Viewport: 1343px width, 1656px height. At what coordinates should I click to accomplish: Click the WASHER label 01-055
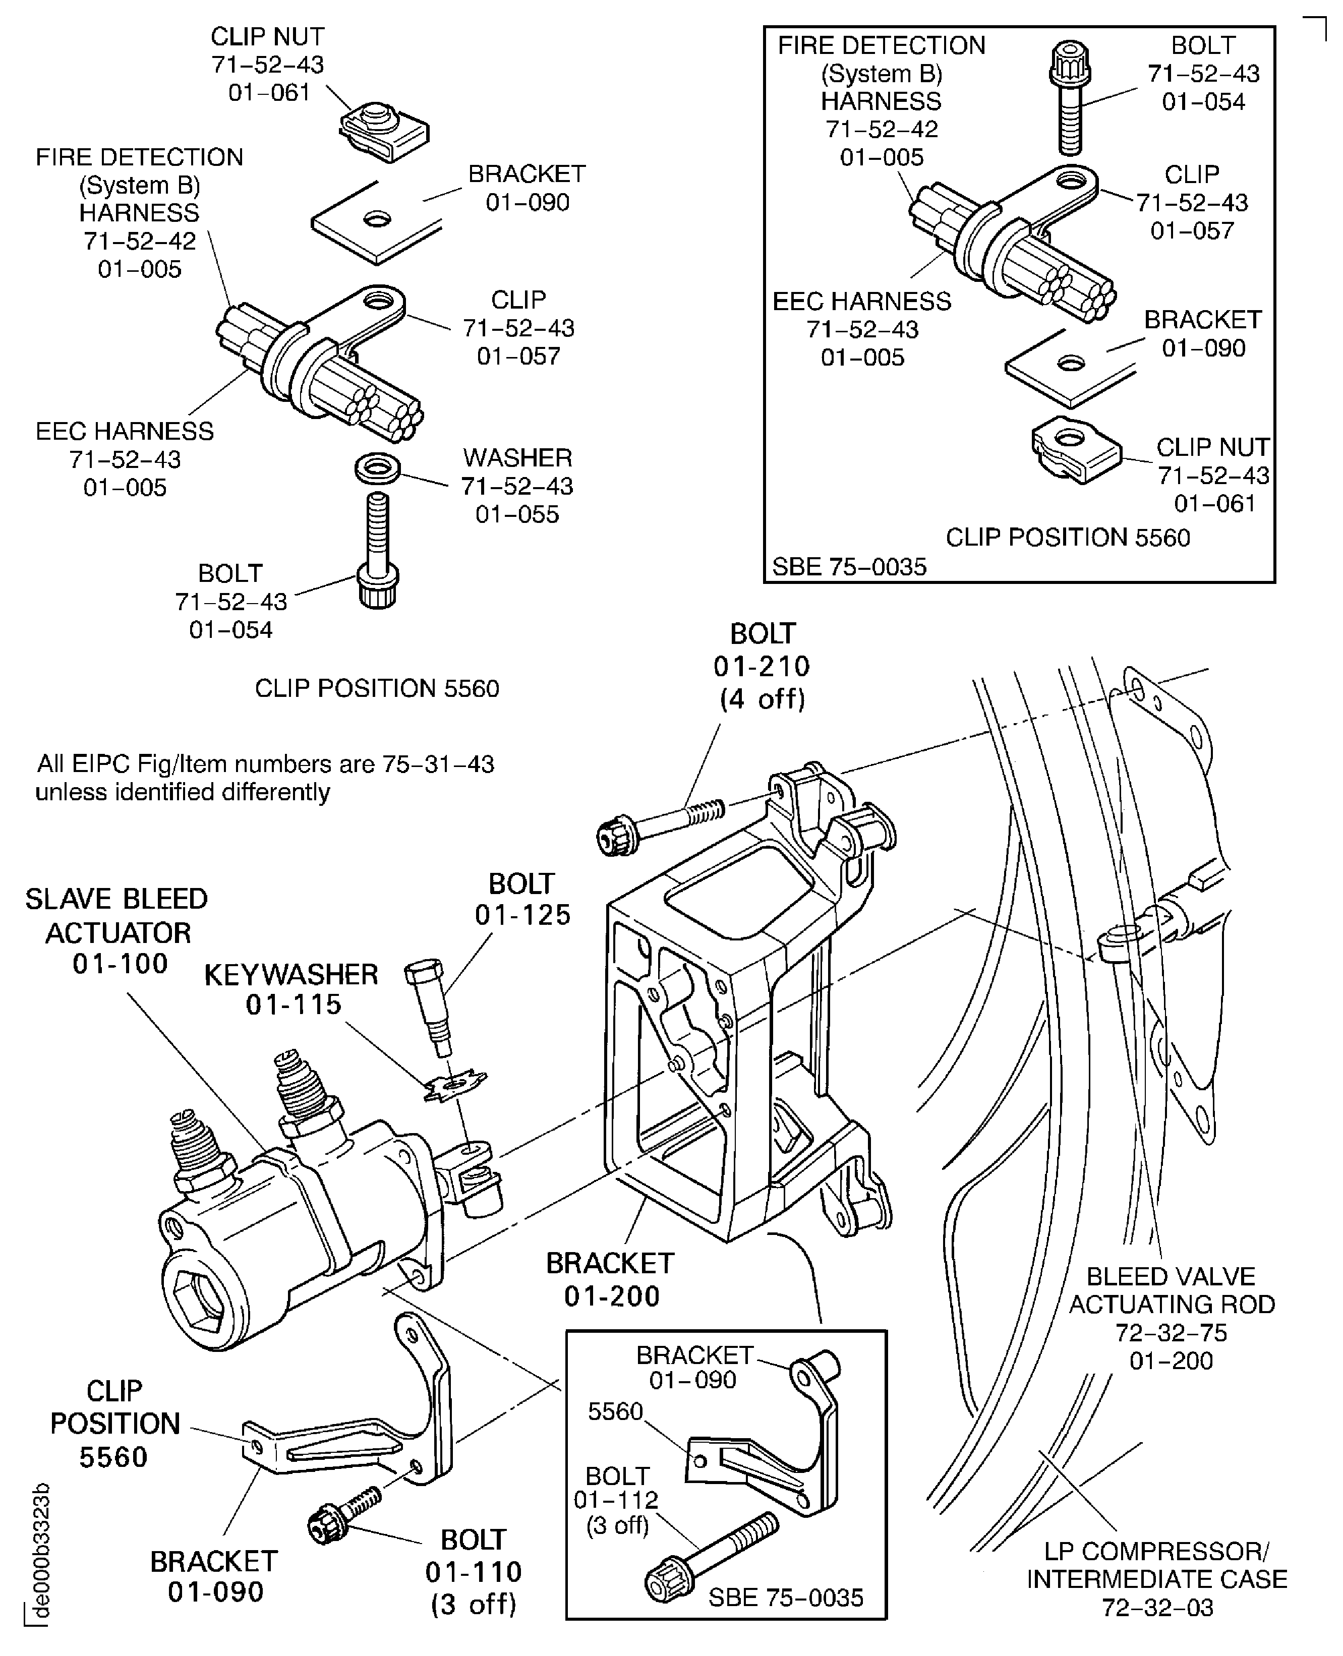tap(517, 486)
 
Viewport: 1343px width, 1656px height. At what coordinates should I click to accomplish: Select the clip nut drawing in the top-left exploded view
tap(384, 132)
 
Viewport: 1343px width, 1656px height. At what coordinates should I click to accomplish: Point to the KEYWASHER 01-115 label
tap(291, 989)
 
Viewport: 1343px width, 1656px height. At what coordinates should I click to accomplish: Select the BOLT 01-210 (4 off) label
tap(762, 666)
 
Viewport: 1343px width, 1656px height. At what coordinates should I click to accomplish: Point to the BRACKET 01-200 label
tap(610, 1279)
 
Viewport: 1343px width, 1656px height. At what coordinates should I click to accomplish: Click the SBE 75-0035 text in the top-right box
tap(849, 567)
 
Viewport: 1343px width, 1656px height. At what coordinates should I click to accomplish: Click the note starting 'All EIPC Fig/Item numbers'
tap(265, 778)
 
